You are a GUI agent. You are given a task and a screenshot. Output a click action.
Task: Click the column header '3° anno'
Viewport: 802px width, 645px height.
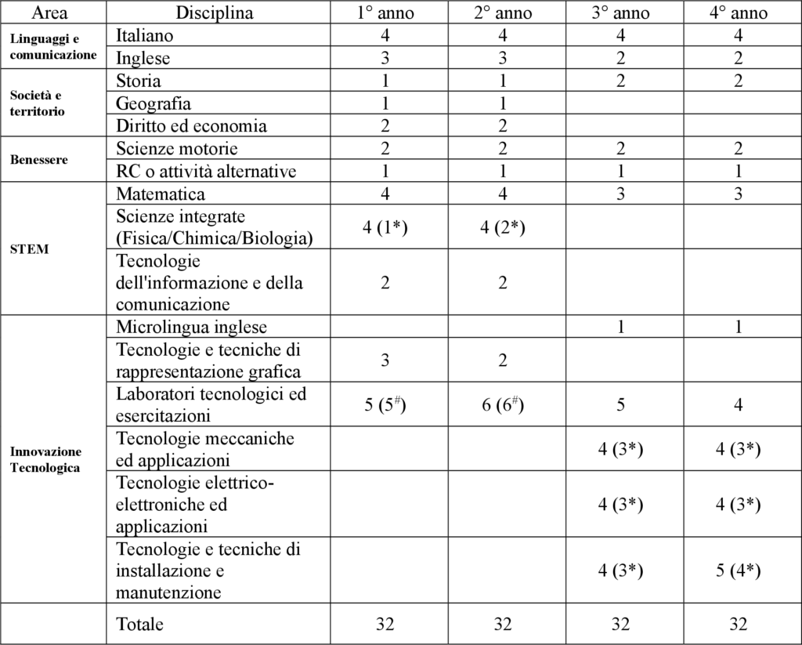click(620, 13)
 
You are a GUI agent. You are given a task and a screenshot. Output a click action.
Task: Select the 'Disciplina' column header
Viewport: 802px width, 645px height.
click(215, 13)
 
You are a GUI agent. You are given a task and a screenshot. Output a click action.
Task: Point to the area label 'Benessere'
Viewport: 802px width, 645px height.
click(38, 160)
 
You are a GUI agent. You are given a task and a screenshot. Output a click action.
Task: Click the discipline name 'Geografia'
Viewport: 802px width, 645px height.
click(154, 103)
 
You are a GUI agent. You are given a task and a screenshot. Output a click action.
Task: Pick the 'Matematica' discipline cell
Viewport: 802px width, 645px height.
click(161, 194)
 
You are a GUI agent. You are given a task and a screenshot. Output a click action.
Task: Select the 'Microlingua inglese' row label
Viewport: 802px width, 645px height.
click(191, 327)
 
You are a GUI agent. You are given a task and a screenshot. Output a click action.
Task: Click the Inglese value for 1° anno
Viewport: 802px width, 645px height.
click(385, 58)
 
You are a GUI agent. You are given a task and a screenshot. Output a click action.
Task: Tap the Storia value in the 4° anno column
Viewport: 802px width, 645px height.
click(738, 81)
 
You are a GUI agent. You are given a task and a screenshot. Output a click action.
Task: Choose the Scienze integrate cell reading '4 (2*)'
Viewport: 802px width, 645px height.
click(503, 228)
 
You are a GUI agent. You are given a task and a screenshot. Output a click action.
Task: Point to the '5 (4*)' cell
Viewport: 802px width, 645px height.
click(738, 571)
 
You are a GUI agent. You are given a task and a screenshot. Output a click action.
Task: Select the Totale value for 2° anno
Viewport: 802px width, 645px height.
click(503, 625)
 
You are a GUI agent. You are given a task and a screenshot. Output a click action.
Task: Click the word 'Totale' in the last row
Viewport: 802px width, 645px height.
click(140, 625)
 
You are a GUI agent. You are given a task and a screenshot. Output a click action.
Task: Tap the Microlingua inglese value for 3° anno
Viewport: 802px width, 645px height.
click(620, 327)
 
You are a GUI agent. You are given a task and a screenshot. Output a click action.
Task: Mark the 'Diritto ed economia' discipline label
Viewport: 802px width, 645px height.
click(191, 126)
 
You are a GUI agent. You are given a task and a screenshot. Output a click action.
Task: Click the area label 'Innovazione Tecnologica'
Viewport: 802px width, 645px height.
click(45, 459)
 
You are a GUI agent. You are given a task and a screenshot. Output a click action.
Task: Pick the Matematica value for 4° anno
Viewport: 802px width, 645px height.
click(738, 194)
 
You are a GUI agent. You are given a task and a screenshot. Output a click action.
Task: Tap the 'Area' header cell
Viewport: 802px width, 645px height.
click(49, 13)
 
